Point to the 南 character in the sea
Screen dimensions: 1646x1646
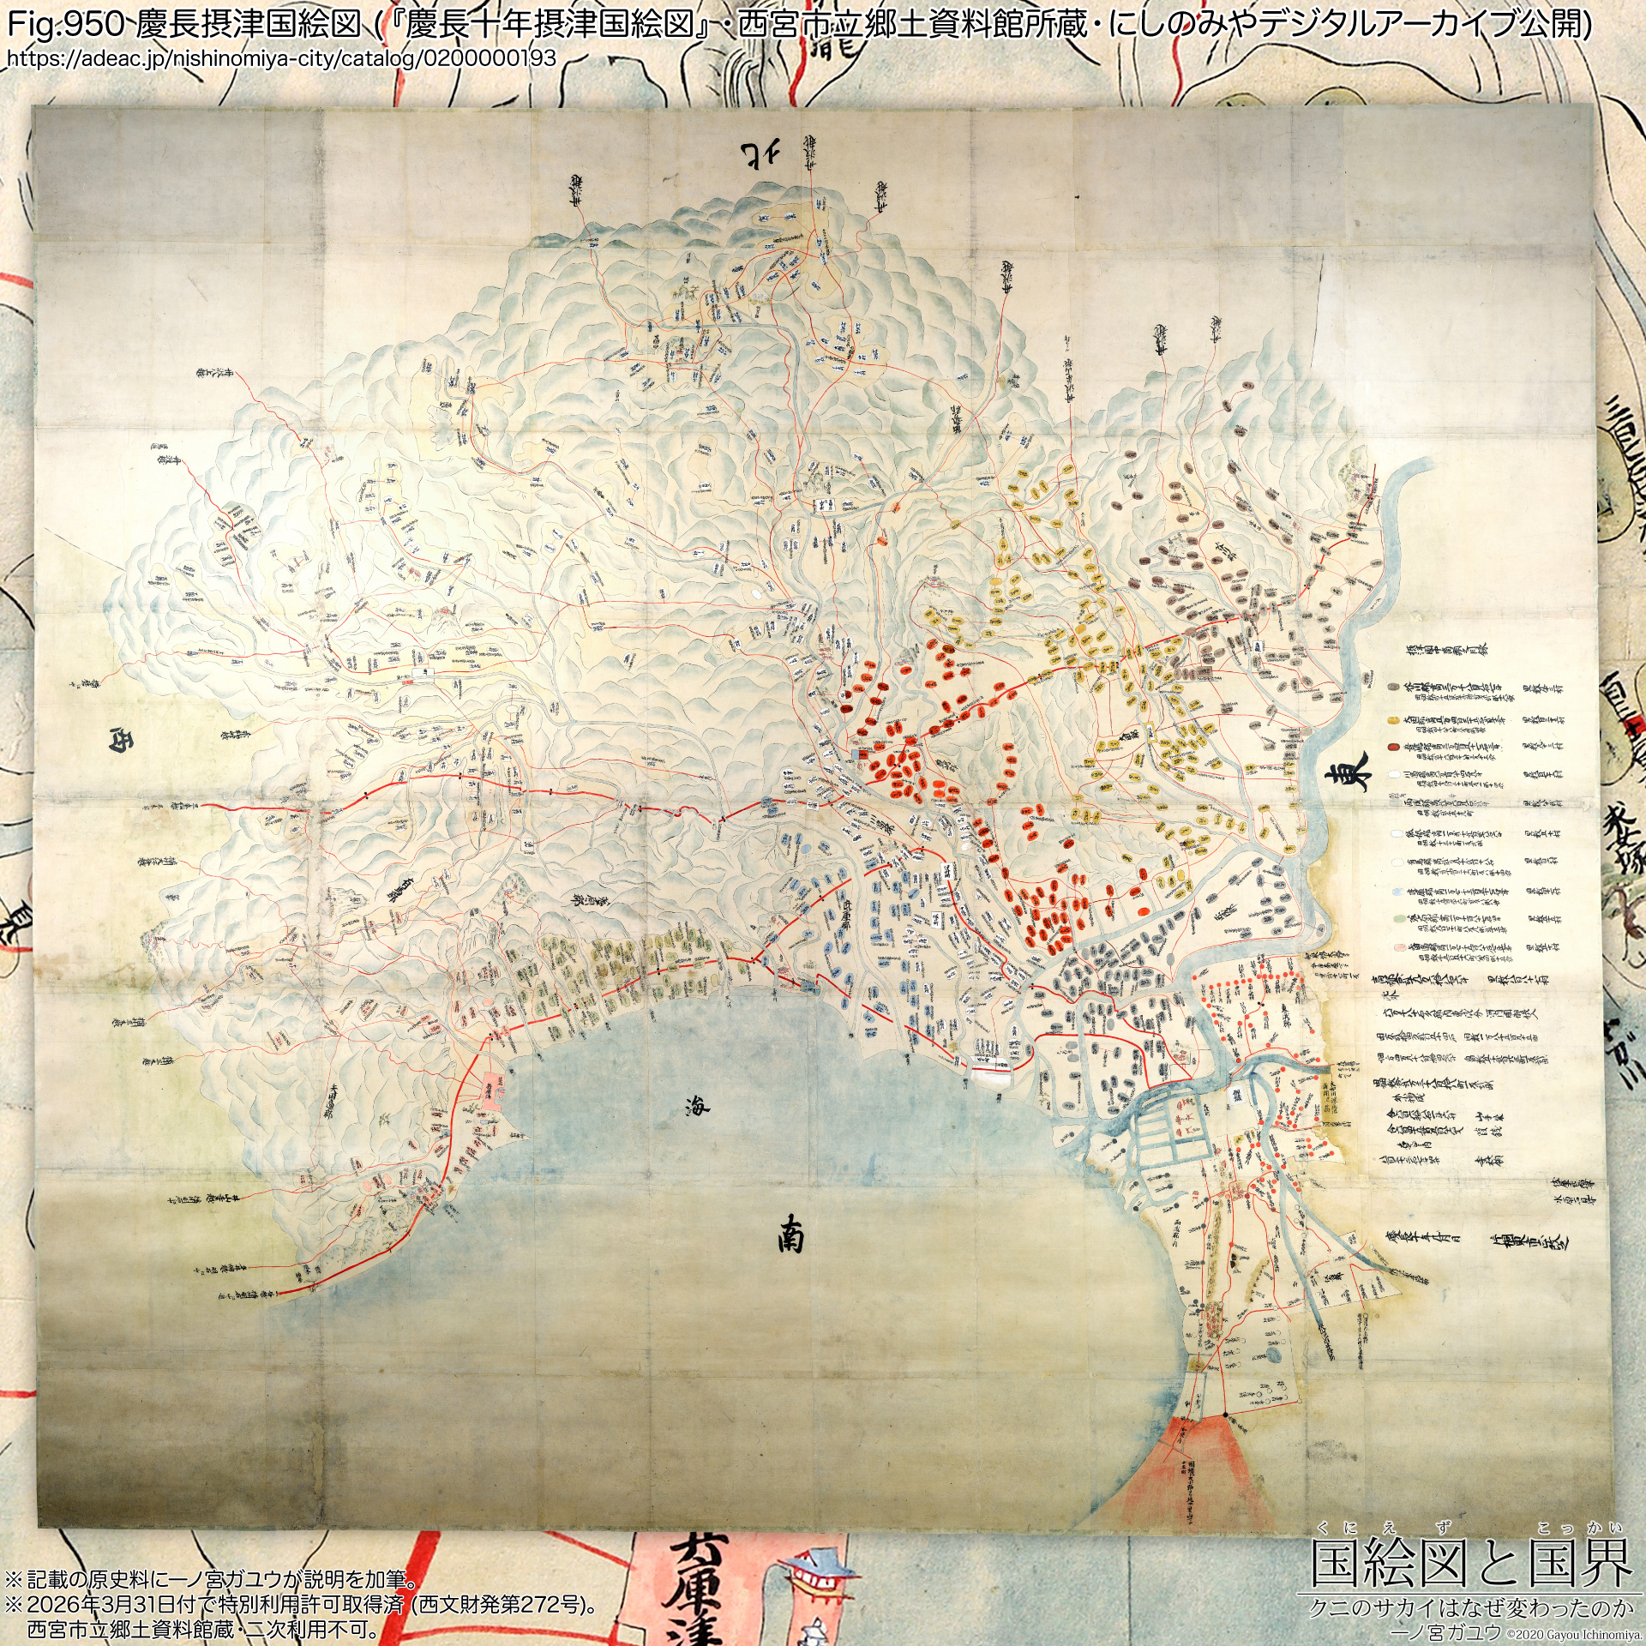[x=790, y=1236]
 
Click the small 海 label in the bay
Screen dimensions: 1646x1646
[x=697, y=1107]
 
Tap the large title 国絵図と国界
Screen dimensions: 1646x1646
[x=1469, y=1563]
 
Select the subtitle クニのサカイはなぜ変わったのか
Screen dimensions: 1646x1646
[x=1471, y=1607]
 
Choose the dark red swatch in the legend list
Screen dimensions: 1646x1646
[x=1394, y=747]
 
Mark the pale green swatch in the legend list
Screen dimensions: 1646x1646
[x=1398, y=918]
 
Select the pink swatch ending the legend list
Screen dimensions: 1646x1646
[x=1400, y=947]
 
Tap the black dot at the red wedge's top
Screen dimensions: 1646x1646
[x=1226, y=1414]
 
